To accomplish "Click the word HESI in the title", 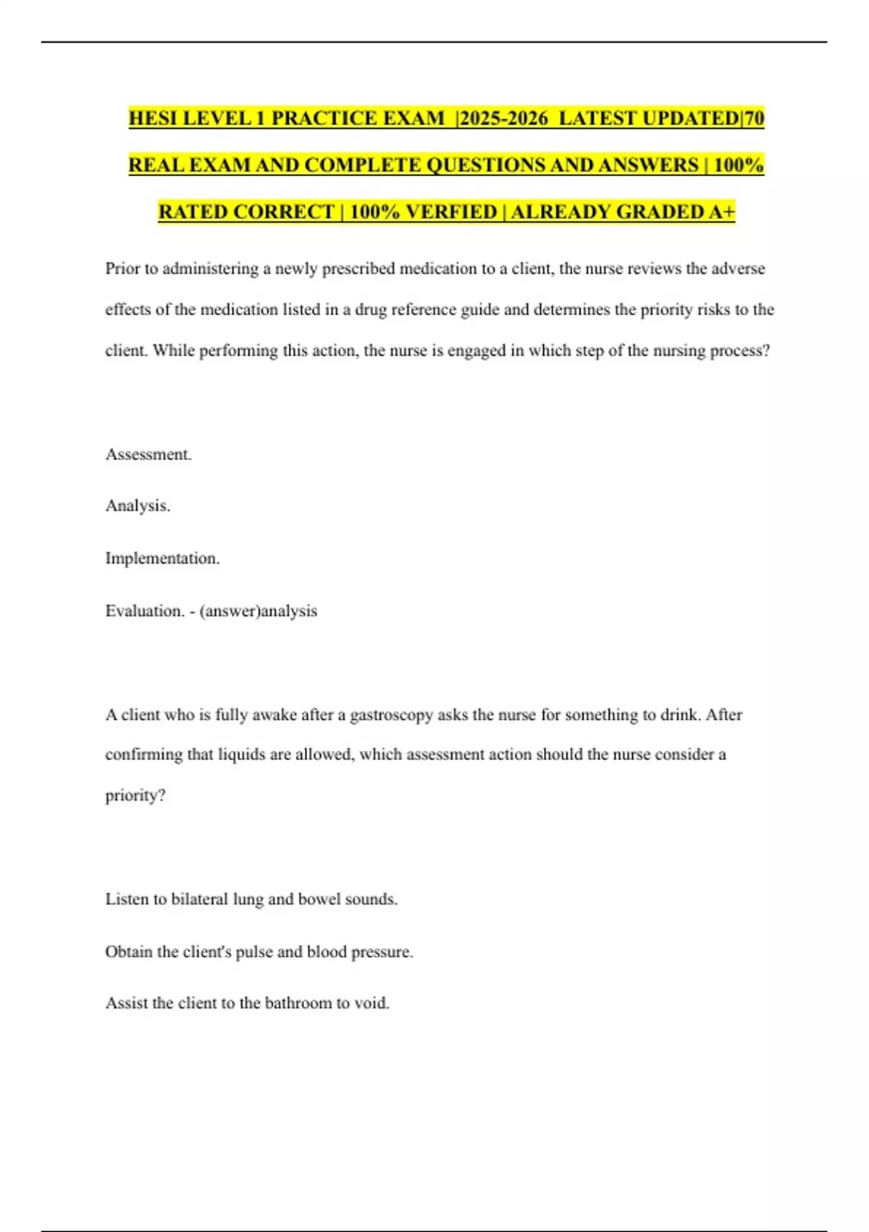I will tap(153, 118).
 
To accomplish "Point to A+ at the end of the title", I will tap(723, 212).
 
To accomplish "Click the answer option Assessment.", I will tap(148, 454).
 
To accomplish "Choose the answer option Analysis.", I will tap(138, 506).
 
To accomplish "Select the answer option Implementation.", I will tap(162, 558).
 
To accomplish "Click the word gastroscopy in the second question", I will tap(392, 715).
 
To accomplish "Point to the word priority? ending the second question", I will tap(135, 796).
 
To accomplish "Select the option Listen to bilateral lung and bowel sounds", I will tap(251, 899).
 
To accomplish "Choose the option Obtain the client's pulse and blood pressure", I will tap(259, 952).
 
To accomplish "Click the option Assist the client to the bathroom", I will tap(247, 1003).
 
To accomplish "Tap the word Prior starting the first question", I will tap(122, 269).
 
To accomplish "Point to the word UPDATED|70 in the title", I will tap(702, 118).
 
